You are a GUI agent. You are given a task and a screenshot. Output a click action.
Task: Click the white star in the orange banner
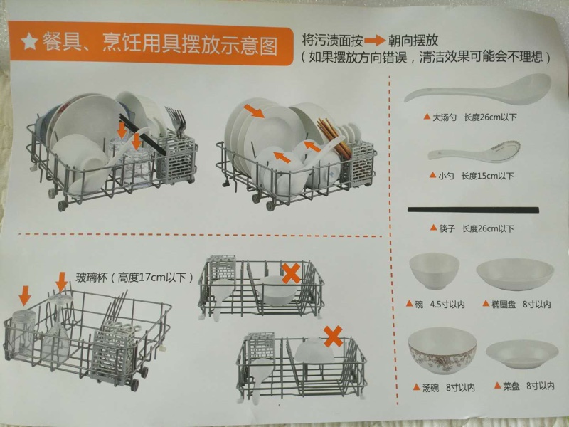click(x=30, y=41)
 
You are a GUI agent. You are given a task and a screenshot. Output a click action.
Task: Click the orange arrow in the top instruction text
click(x=375, y=41)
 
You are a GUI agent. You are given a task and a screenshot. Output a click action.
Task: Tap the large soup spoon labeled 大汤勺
click(x=477, y=90)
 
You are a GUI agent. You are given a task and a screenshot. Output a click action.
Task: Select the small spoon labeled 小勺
click(x=474, y=150)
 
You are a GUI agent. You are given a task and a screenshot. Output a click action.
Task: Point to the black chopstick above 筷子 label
click(x=473, y=210)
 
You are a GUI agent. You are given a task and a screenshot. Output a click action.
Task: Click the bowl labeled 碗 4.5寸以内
click(x=435, y=271)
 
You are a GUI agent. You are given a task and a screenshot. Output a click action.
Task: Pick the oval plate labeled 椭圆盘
click(x=515, y=274)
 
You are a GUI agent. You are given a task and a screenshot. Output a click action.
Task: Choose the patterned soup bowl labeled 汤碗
click(x=442, y=350)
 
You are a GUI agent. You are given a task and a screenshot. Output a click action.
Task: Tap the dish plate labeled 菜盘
click(x=522, y=354)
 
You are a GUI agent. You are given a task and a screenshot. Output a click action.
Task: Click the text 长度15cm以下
click(x=487, y=176)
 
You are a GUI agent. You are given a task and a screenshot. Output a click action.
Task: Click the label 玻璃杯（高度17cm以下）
click(x=134, y=278)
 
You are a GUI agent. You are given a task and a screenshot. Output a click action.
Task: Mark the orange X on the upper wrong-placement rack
click(x=291, y=273)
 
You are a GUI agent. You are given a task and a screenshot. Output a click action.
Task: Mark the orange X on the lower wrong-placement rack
click(x=333, y=336)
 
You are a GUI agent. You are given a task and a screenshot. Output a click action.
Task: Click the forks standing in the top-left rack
click(x=176, y=122)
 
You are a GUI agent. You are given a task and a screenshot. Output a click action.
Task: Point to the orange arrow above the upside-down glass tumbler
click(x=25, y=295)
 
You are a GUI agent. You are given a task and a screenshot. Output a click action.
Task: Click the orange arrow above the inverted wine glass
click(x=62, y=282)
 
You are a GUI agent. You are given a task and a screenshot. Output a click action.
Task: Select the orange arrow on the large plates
click(x=254, y=111)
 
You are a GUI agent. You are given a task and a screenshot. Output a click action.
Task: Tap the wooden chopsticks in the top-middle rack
click(x=333, y=138)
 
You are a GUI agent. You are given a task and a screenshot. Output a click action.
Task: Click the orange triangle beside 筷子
click(x=433, y=228)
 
